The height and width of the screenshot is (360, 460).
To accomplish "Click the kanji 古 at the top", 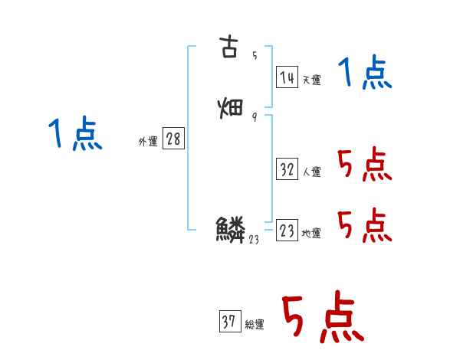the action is [x=230, y=47].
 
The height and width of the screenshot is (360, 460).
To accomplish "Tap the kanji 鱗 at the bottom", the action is [x=231, y=229].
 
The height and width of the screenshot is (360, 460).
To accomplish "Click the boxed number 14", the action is [x=287, y=77].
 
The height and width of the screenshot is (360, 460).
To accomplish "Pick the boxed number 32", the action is [x=287, y=169].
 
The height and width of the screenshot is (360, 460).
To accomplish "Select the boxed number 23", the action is [x=287, y=230].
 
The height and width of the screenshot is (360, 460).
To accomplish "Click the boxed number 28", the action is [x=173, y=139].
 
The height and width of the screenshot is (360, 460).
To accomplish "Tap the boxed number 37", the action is [x=229, y=322].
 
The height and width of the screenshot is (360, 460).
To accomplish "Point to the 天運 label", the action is [x=311, y=79].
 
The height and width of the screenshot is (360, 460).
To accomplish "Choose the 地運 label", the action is [x=311, y=233].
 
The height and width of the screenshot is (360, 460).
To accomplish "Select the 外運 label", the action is [x=148, y=141].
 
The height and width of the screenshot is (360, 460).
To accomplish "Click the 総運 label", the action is [x=255, y=325].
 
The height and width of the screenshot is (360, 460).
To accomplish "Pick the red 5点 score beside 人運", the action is [x=364, y=165].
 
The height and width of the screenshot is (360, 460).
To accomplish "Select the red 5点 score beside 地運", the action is [x=364, y=224].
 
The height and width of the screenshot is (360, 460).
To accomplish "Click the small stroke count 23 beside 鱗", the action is [x=255, y=239].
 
